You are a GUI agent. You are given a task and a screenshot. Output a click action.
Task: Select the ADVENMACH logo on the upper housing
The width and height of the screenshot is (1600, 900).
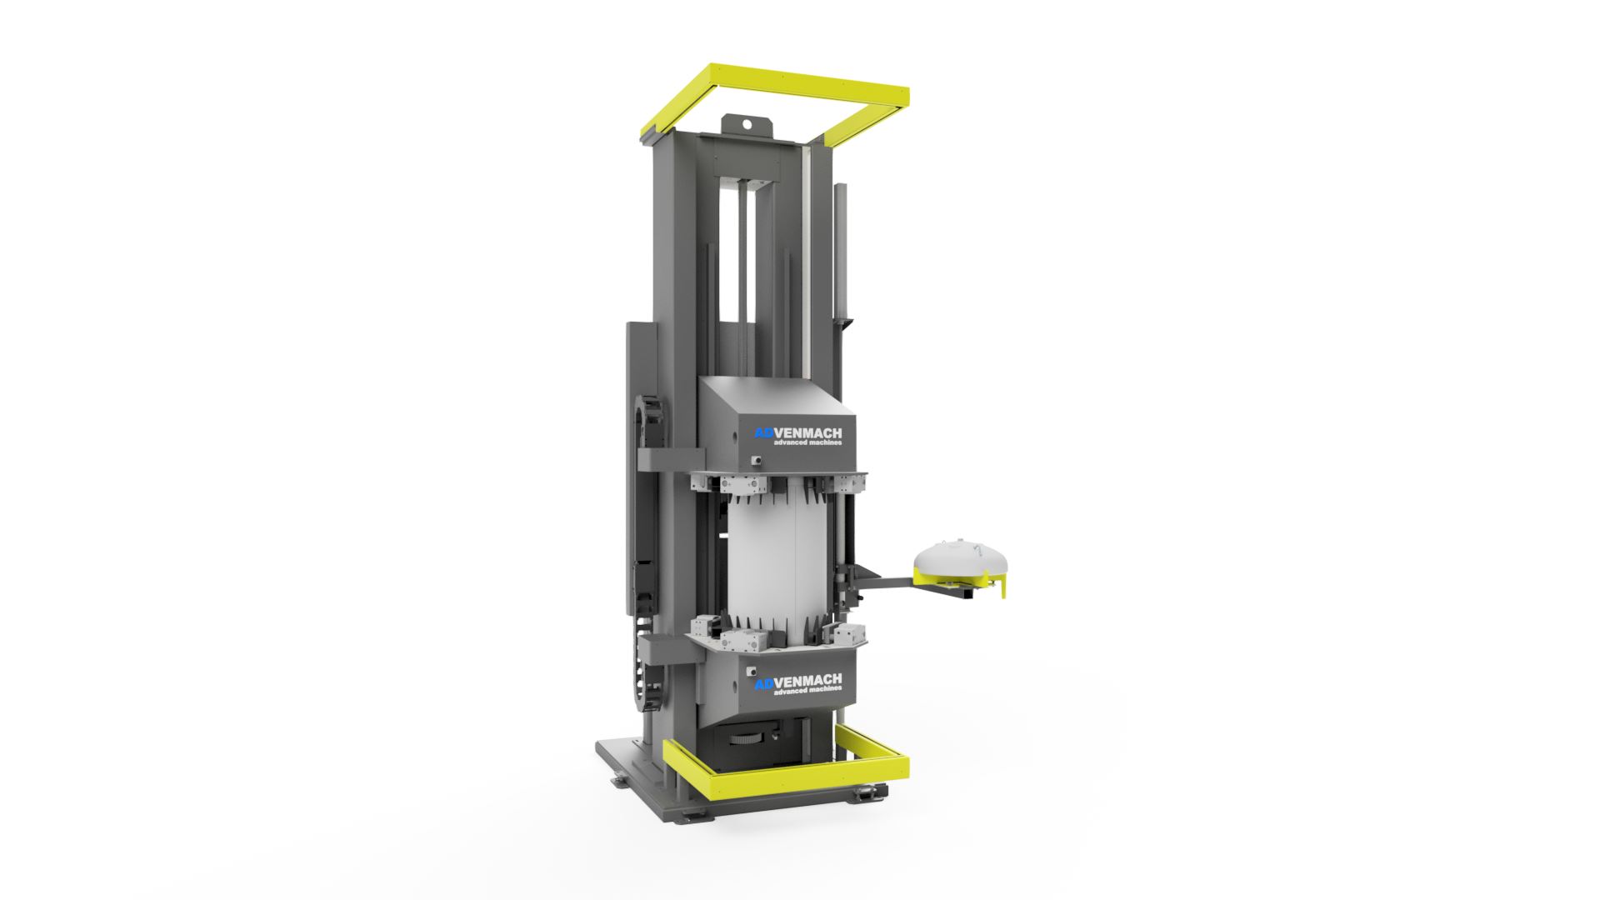[x=797, y=432]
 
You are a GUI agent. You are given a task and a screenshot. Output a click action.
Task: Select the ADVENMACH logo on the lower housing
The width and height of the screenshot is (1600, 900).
[x=797, y=679]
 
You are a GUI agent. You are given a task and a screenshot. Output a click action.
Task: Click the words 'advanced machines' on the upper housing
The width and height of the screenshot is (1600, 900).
[x=807, y=442]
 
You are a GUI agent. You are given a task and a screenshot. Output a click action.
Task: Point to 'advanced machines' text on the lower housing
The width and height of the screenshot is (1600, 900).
[x=807, y=689]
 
